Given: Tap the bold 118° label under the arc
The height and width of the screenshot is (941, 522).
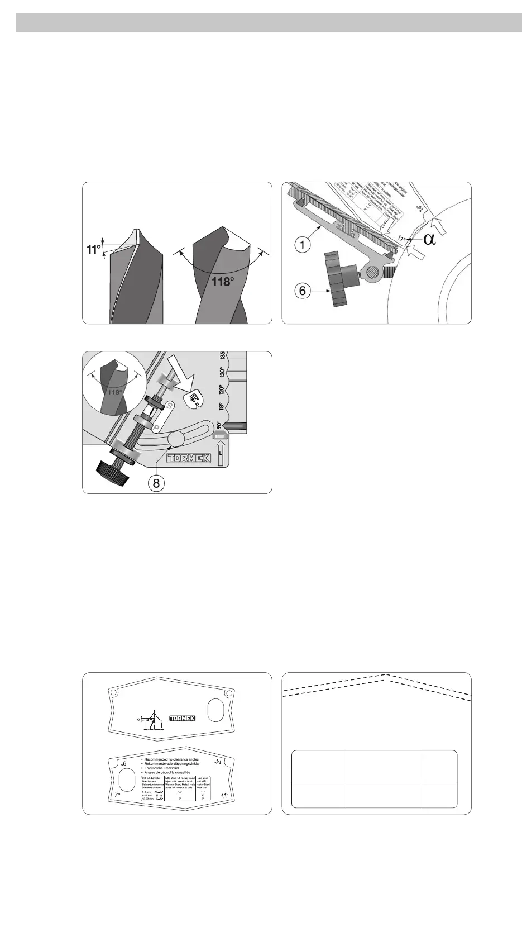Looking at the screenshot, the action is click(222, 281).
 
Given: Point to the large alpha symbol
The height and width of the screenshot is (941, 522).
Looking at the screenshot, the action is click(429, 239).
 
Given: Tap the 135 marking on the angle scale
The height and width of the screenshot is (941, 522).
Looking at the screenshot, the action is click(222, 356).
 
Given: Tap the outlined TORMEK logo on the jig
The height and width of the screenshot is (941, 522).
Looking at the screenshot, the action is click(188, 457).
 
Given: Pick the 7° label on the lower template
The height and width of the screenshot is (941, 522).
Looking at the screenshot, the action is click(118, 794).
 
